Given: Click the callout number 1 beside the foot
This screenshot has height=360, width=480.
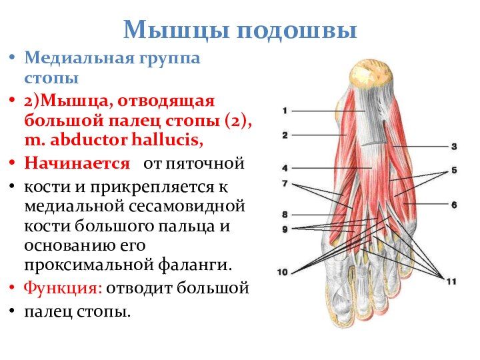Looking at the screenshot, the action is [285, 111].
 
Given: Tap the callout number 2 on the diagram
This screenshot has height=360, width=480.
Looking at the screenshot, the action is [285, 135].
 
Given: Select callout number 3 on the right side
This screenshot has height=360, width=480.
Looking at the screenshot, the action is [454, 147].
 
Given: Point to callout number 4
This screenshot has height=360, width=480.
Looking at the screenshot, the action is [285, 168].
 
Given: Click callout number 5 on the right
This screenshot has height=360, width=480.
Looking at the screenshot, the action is [454, 170].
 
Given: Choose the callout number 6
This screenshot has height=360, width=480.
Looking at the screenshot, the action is [454, 205].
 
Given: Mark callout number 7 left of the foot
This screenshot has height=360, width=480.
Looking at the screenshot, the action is [285, 183].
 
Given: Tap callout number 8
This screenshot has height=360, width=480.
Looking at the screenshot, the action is [285, 215].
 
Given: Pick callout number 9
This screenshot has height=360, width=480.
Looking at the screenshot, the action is [285, 229].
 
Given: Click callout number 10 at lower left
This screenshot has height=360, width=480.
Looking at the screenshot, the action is [282, 272].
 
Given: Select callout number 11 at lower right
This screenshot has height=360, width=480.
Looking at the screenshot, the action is [451, 281].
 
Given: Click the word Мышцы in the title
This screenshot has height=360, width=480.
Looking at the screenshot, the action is [177, 31].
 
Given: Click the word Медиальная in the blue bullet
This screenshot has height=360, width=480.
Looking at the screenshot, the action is [79, 57].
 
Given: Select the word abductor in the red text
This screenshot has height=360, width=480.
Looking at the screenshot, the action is [89, 140].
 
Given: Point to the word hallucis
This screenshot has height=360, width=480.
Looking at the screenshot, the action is [167, 140].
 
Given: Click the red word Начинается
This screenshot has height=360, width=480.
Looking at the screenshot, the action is [77, 163].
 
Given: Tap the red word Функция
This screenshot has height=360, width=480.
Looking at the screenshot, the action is [63, 289].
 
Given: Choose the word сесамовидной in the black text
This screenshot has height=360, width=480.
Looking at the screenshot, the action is [187, 206].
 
